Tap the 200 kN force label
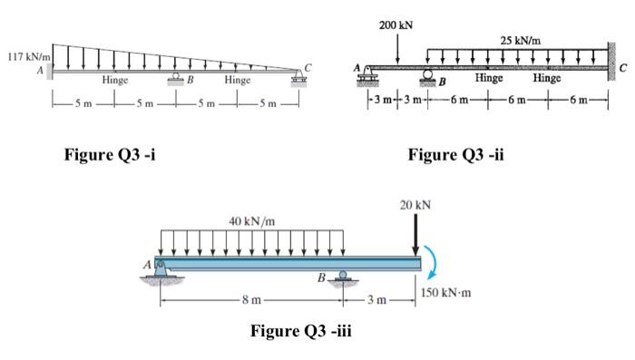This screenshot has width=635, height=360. coord(396,24)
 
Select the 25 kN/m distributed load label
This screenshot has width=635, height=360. coord(520,40)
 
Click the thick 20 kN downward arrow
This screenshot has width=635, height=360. coord(416,237)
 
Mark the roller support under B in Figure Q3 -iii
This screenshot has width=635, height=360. coord(342,277)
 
